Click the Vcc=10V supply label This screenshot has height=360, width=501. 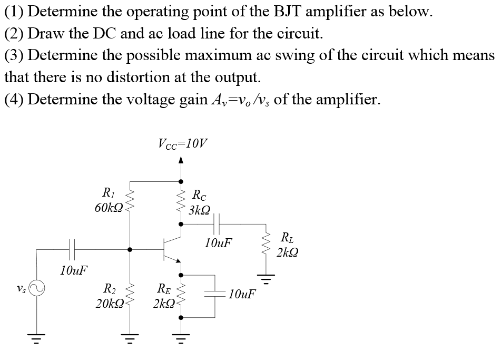(183, 142)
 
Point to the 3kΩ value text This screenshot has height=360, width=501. (199, 210)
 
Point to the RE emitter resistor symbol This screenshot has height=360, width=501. (181, 297)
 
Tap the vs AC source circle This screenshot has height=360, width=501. (36, 288)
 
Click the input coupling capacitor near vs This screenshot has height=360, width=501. (73, 248)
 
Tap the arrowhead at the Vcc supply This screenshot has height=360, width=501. (181, 160)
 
